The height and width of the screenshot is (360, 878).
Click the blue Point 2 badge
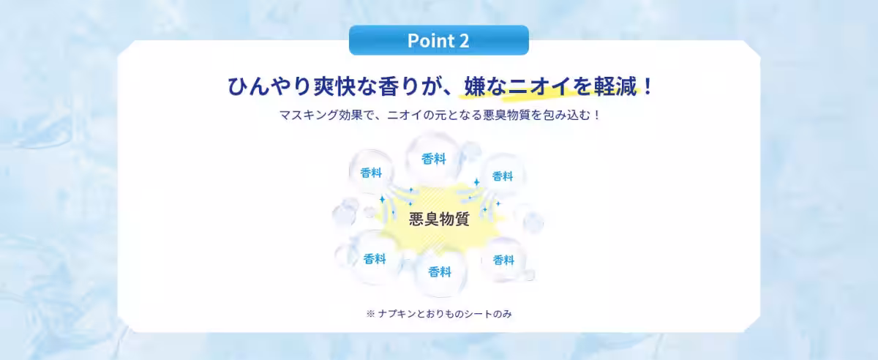click(438, 40)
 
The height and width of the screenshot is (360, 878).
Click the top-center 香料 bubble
click(434, 159)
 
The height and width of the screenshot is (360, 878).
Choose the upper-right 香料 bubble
click(502, 176)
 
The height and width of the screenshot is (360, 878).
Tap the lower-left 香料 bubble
click(375, 259)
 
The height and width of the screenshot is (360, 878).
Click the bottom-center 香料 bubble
click(439, 271)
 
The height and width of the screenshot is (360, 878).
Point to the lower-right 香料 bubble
click(503, 260)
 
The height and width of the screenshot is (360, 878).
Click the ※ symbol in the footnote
click(370, 313)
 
